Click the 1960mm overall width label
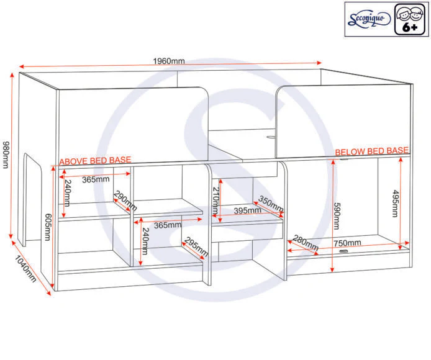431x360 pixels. pyautogui.click(x=169, y=61)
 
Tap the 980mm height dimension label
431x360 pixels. pyautogui.click(x=6, y=155)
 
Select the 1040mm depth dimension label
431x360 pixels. pyautogui.click(x=25, y=269)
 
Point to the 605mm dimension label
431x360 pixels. pyautogui.click(x=47, y=227)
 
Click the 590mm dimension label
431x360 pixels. pyautogui.click(x=337, y=216)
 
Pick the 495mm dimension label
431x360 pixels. pyautogui.click(x=395, y=204)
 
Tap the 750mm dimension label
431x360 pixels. pyautogui.click(x=347, y=243)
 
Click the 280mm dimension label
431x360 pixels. pyautogui.click(x=306, y=243)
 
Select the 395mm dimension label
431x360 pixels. pyautogui.click(x=248, y=211)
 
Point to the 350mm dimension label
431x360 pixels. pyautogui.click(x=271, y=204)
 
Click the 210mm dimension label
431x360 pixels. pyautogui.click(x=215, y=200)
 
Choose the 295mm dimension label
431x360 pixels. pyautogui.click(x=196, y=246)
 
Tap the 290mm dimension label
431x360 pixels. pyautogui.click(x=125, y=200)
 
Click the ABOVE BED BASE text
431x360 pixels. pyautogui.click(x=95, y=161)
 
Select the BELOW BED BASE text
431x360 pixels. pyautogui.click(x=372, y=151)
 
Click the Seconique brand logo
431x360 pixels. pyautogui.click(x=369, y=19)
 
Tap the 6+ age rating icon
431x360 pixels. pyautogui.click(x=410, y=19)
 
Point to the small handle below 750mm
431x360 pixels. pyautogui.click(x=343, y=251)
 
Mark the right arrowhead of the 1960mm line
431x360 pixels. pyautogui.click(x=320, y=63)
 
